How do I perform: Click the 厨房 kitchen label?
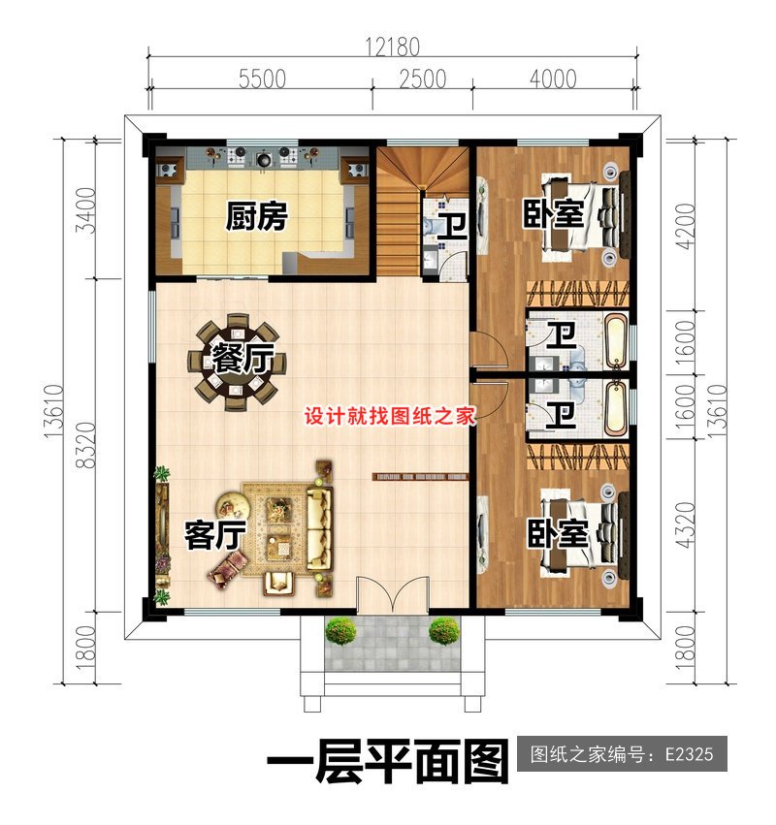[x=257, y=216]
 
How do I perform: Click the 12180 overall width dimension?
[x=393, y=46]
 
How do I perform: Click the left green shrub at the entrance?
[x=340, y=631]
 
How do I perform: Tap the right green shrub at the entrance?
[x=443, y=631]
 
